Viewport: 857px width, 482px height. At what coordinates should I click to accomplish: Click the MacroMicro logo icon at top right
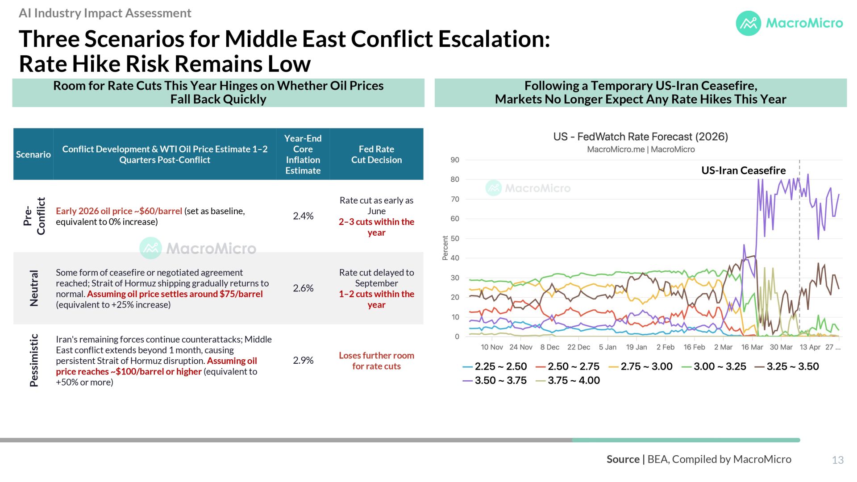click(x=748, y=23)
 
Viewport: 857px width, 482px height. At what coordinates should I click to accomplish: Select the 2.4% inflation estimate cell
click(x=303, y=216)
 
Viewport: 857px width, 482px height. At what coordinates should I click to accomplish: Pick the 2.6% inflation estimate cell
click(x=303, y=288)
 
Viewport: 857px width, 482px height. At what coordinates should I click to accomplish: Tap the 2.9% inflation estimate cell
click(x=303, y=360)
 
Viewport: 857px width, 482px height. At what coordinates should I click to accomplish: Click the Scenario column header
click(x=33, y=154)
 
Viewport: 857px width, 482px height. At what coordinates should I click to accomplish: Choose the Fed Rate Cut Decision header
click(x=376, y=154)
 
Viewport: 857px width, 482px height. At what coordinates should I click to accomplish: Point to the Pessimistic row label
click(x=34, y=360)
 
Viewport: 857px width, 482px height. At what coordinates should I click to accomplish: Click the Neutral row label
click(x=34, y=288)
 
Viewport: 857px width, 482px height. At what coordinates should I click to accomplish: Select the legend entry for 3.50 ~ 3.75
click(x=495, y=380)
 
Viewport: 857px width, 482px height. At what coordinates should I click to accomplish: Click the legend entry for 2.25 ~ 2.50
click(x=495, y=366)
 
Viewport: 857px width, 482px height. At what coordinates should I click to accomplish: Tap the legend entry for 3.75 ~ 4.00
click(x=568, y=380)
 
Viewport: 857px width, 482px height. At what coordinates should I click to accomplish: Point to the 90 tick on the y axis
click(x=455, y=160)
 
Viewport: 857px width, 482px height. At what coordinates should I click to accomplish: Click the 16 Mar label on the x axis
click(x=752, y=347)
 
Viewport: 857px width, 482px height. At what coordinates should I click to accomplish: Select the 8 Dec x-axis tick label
click(x=549, y=347)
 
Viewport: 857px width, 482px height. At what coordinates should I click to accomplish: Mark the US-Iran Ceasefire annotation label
click(x=744, y=170)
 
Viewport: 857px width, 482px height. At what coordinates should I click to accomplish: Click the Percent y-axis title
click(x=445, y=248)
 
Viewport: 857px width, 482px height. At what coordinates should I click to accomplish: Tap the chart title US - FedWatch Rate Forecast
click(x=641, y=137)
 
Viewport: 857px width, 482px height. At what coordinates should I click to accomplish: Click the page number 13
click(x=838, y=460)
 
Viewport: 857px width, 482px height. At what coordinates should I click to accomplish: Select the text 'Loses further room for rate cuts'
click(x=376, y=361)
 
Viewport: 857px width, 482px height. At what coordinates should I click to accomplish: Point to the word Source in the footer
click(x=623, y=459)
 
